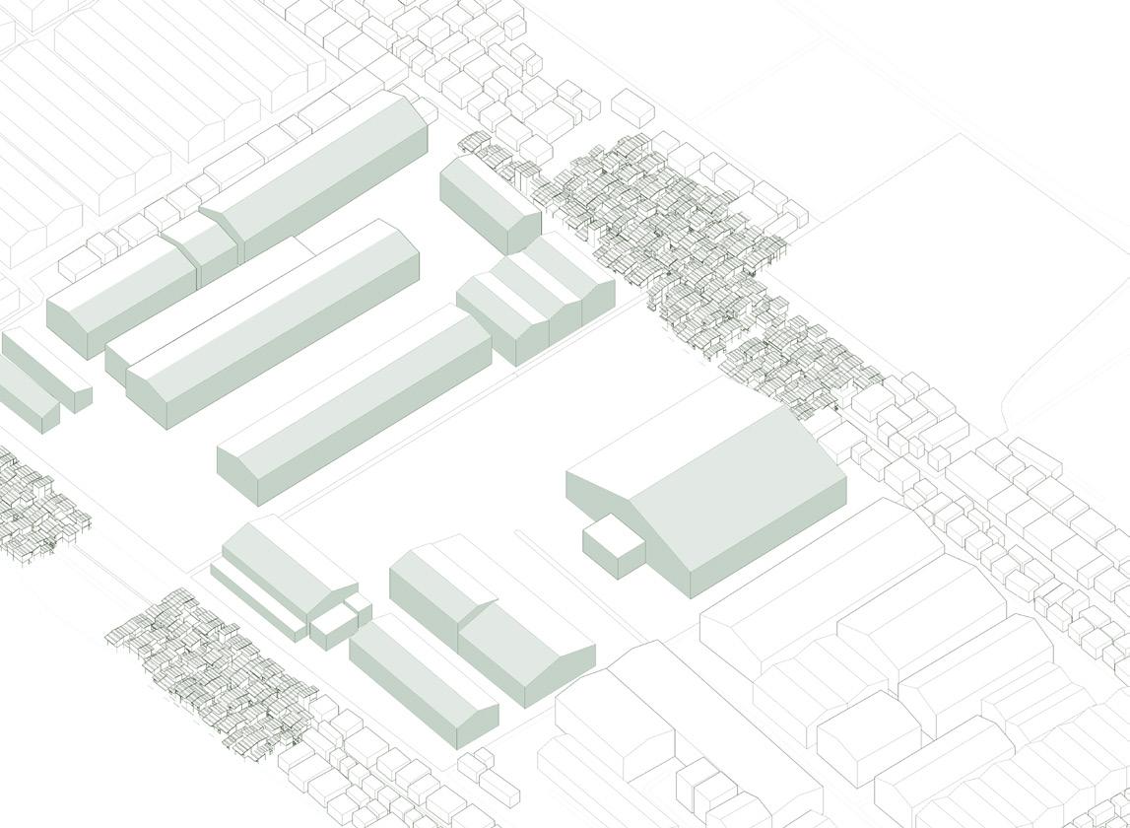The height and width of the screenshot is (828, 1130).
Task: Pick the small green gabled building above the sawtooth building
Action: pos(488,202)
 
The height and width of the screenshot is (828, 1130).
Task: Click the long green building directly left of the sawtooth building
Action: pos(355,404)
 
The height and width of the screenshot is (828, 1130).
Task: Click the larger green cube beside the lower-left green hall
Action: pos(333,627)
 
